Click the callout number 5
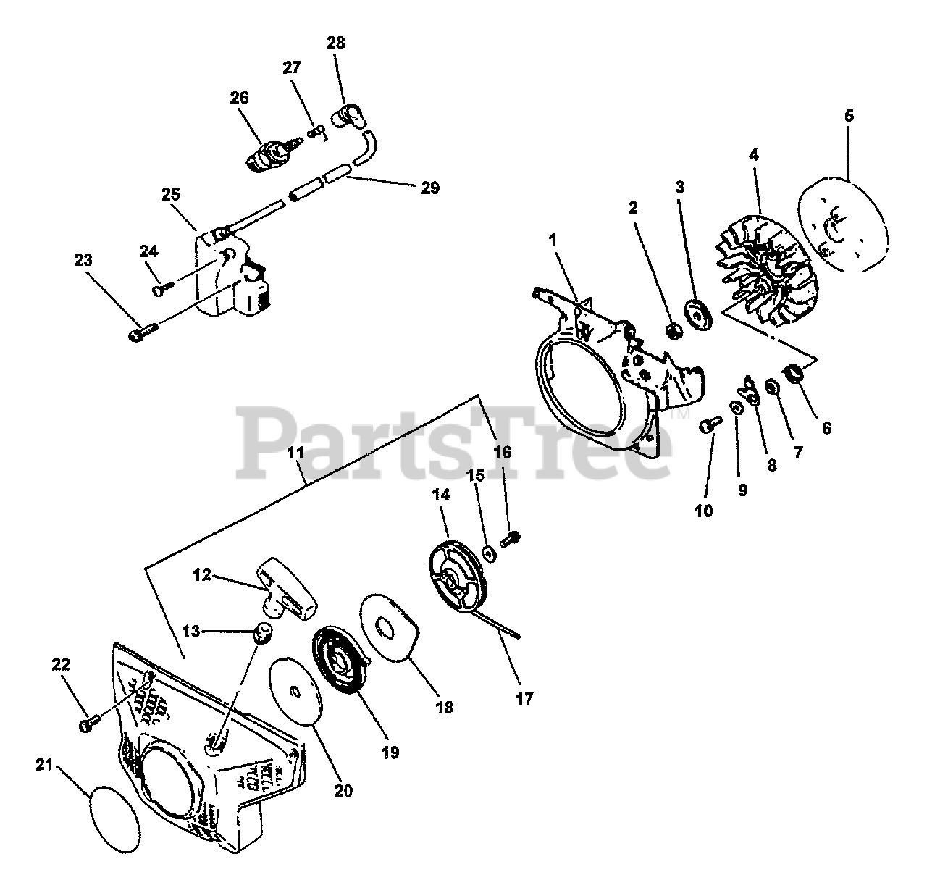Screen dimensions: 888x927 [x=849, y=115]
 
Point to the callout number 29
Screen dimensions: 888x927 [x=429, y=188]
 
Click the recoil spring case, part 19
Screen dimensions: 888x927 [x=339, y=662]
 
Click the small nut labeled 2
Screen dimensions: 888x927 [x=674, y=330]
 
